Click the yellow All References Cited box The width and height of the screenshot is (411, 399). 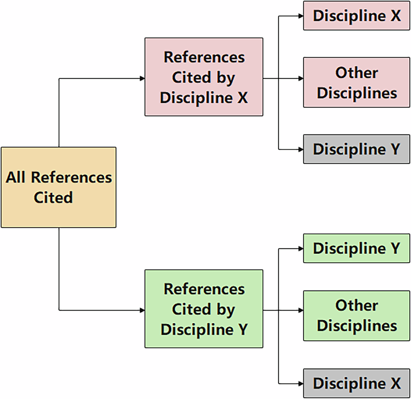coord(58,187)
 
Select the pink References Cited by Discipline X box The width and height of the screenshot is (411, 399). coord(204,77)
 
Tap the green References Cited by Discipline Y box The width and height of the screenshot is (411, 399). coord(204,309)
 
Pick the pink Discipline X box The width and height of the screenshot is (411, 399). coord(357,16)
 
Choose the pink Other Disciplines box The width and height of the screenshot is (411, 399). coord(357,82)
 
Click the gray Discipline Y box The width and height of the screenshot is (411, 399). coord(357,149)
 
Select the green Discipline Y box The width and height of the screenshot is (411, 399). coord(357,248)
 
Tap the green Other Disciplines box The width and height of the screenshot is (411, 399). coord(357,315)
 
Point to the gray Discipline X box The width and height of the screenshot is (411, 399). coord(357,383)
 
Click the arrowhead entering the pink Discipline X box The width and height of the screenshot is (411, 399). coord(301,16)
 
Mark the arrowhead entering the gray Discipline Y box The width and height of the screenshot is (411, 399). coord(301,150)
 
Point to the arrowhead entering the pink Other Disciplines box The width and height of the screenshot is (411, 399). coord(301,78)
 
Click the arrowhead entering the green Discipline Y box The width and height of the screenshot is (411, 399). coord(301,249)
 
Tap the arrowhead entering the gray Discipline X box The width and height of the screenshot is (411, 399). coord(301,384)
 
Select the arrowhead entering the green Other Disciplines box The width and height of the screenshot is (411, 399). coord(301,310)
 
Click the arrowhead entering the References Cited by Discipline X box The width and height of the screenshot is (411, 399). coord(142,78)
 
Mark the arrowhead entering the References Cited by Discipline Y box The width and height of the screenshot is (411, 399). coord(142,310)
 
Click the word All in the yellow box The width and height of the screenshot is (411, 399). coord(16,177)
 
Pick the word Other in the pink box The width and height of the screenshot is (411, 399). coord(357,73)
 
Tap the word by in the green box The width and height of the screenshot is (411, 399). coord(226,310)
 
